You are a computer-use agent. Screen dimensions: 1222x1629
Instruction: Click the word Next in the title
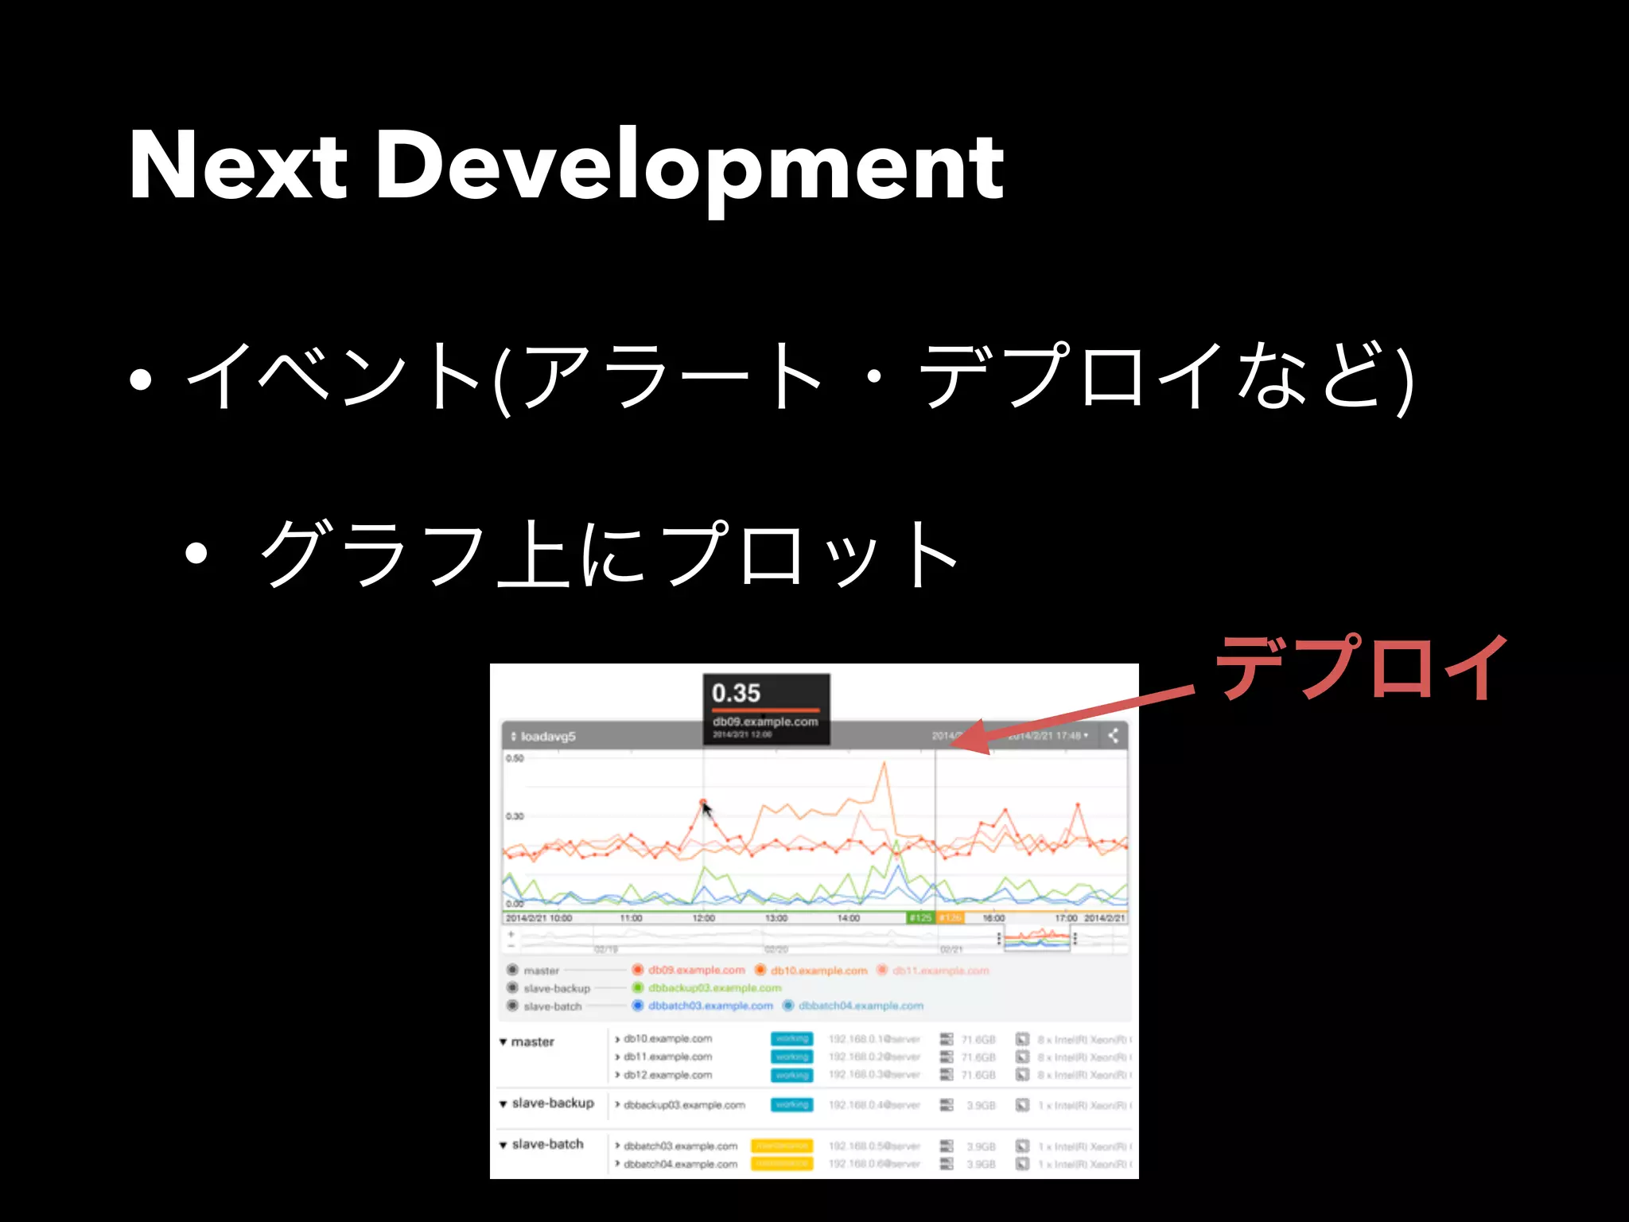237,165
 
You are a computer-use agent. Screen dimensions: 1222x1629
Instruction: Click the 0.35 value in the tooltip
736,693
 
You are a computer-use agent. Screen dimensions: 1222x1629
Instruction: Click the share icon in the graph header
1113,736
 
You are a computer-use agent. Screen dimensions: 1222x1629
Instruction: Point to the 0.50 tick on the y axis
515,758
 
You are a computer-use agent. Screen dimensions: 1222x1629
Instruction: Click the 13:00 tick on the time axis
776,918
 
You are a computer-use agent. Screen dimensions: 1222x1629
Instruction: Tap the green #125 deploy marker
920,918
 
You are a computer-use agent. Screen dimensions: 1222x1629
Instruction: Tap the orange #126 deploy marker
951,918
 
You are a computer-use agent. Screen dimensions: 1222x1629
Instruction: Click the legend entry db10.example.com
818,971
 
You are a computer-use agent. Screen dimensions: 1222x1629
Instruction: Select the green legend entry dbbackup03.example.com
714,988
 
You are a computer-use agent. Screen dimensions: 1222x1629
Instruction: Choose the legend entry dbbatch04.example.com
861,1006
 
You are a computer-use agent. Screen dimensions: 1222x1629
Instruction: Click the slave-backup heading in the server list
552,1103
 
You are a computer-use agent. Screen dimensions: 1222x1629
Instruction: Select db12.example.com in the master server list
667,1075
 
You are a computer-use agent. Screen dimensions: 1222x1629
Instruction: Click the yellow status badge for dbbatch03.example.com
781,1146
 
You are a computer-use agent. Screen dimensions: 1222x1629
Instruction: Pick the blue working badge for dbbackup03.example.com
791,1105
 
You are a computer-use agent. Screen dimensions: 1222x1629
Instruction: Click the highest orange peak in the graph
884,762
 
